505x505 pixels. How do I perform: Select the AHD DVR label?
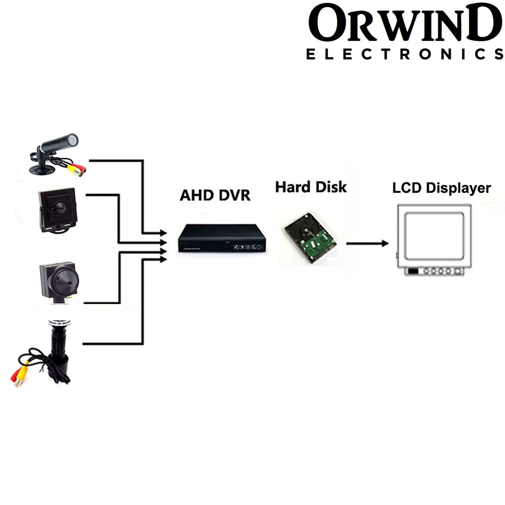(x=215, y=195)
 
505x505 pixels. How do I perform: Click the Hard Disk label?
(x=311, y=187)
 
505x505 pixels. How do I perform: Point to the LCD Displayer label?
(x=441, y=188)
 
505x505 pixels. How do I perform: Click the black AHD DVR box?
(x=222, y=238)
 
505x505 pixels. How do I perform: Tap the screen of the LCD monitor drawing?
(x=434, y=235)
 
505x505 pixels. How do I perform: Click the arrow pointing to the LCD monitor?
(x=367, y=243)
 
